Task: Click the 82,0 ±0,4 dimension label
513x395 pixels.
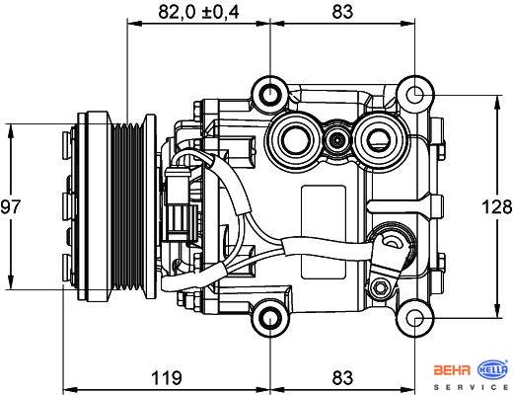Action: (x=198, y=13)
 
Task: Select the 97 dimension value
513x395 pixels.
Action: (x=10, y=207)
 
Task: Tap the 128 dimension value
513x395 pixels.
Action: (x=497, y=207)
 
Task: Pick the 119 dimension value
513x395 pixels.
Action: (x=167, y=377)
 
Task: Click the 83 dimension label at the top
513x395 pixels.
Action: (x=342, y=12)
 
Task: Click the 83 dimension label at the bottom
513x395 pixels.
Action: (x=342, y=377)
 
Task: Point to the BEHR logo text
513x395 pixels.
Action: (x=453, y=370)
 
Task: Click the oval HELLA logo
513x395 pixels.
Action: (x=492, y=369)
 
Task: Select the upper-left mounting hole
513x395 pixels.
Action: (x=270, y=94)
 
